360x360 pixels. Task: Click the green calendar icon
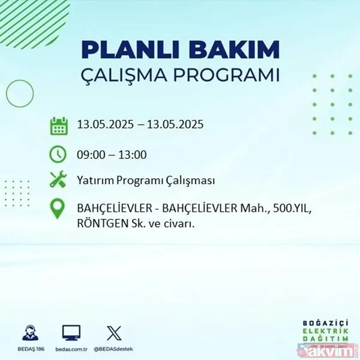coord(59,126)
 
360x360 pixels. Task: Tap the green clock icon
coord(59,154)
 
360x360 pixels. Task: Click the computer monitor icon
coord(71,332)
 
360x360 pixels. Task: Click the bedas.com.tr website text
coord(71,348)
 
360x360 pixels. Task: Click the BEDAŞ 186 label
coord(29,348)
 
